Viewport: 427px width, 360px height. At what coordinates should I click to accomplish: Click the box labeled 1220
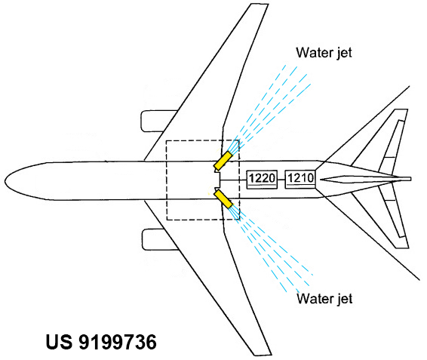262,179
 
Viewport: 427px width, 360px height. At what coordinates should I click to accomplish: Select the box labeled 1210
300,179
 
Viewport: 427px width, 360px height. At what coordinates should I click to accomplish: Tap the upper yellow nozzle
223,161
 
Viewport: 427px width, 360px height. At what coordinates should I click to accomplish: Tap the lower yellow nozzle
223,199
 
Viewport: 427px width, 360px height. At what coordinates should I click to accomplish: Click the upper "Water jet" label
324,52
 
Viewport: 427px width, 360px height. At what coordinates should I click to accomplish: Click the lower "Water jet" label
324,298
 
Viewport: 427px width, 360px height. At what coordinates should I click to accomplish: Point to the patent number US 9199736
101,342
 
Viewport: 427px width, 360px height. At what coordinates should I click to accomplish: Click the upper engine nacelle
158,121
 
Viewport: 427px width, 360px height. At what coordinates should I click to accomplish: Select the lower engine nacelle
160,239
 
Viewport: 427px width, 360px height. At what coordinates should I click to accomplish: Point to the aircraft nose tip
5,181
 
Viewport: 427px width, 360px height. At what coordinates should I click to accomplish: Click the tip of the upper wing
260,5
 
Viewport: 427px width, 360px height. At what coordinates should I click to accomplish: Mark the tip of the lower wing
263,355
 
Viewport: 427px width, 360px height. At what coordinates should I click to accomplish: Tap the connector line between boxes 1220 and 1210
281,180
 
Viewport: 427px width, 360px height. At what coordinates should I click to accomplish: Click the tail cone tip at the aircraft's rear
410,179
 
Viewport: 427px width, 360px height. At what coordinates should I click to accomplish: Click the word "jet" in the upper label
344,53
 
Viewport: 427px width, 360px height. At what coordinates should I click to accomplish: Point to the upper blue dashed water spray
269,108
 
